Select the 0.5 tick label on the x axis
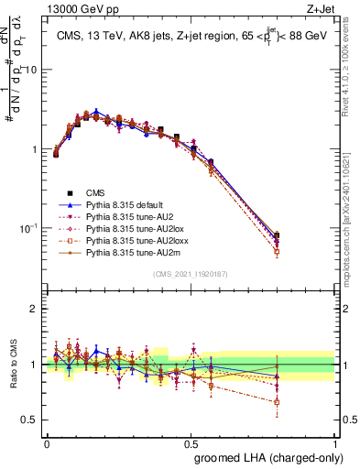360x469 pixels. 191,442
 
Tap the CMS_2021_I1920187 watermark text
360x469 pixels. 191,274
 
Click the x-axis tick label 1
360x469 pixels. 335,442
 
